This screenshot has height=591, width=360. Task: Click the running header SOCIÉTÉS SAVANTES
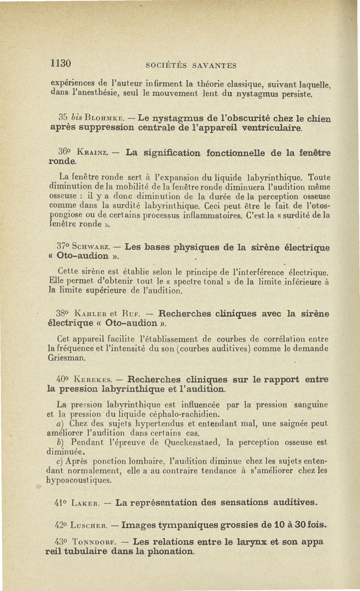[x=191, y=66]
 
